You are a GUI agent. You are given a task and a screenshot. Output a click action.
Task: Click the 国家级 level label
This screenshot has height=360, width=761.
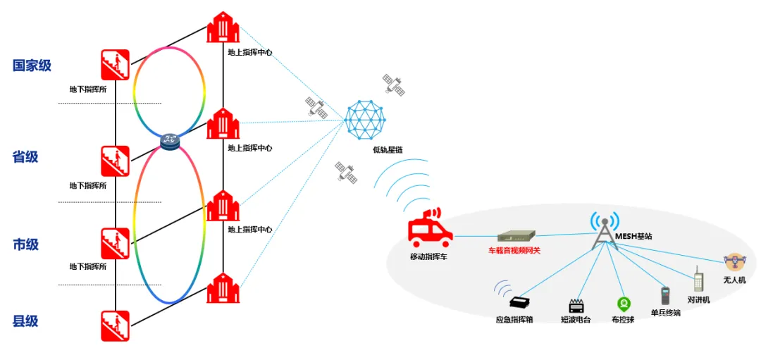[x=32, y=66]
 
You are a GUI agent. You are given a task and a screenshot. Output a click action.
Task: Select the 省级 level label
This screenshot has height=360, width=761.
[x=25, y=156]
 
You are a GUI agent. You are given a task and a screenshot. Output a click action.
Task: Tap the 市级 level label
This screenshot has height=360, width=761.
[x=25, y=245]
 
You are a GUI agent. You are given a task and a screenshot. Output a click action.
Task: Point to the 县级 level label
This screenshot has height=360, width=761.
[x=25, y=321]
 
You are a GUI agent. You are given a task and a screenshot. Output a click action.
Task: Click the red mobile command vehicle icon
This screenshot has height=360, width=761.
[x=429, y=229]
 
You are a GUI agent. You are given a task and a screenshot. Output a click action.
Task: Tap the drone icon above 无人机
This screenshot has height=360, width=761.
[x=734, y=262]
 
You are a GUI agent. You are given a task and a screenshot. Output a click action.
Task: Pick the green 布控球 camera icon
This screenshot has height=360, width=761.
[x=623, y=304]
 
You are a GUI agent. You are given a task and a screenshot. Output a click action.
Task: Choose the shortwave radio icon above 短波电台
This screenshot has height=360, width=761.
[x=576, y=306]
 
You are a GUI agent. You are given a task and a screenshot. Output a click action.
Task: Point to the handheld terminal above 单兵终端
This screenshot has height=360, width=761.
[x=664, y=295]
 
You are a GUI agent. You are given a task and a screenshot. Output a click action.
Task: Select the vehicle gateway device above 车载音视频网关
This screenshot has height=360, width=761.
[x=516, y=237]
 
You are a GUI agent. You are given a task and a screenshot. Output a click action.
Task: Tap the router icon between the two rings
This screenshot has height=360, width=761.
[x=169, y=142]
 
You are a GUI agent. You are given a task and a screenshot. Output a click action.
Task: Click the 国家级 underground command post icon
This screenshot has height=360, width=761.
[x=115, y=65]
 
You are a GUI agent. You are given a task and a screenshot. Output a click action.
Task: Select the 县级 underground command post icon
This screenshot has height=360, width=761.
[x=115, y=325]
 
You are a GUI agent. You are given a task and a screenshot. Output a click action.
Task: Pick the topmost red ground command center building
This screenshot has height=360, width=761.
[x=223, y=28]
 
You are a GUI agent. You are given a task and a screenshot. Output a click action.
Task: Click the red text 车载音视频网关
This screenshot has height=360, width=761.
[x=514, y=250]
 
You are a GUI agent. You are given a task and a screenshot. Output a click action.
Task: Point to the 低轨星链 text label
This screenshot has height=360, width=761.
[x=388, y=150]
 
